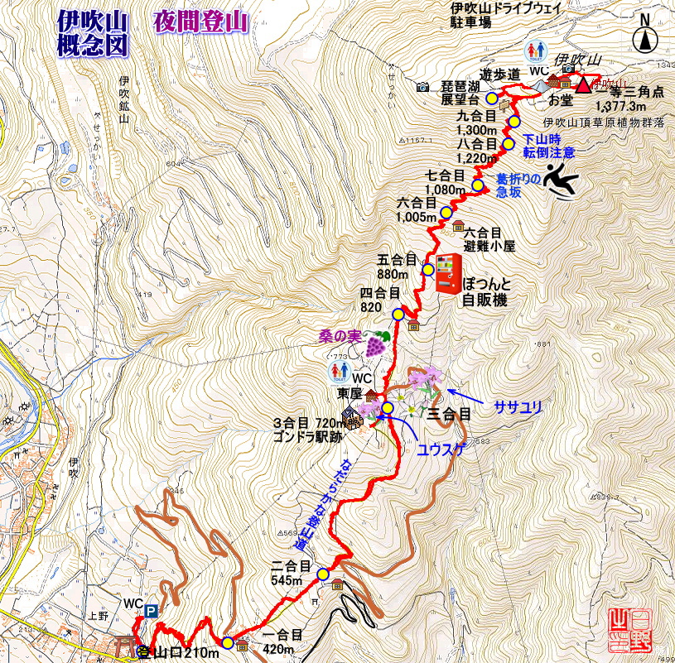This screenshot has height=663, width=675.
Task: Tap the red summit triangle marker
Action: pos(584,84)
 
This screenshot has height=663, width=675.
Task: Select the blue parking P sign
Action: pos(152,611)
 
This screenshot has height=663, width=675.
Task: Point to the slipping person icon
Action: pos(563,182)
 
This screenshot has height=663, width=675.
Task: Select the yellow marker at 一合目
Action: pos(227,642)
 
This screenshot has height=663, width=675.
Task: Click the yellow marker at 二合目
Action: pos(323,574)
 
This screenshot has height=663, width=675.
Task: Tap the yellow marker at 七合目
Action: pos(478,185)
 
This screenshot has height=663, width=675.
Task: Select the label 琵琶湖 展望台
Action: pos(464,93)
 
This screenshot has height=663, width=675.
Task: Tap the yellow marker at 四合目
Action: pos(398,315)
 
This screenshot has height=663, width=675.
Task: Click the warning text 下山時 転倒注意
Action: pos(548,146)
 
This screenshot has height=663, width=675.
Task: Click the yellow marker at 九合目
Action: pos(513,122)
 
